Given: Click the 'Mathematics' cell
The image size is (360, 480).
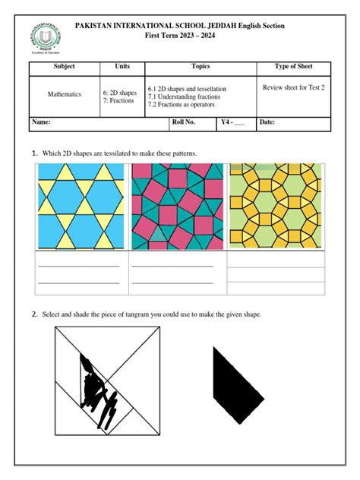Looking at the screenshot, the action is click(65, 95).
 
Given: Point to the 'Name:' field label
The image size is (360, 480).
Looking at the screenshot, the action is click(42, 122).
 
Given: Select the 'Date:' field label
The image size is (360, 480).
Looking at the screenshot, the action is click(267, 122).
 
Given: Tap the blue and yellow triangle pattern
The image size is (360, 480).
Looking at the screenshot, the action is click(81, 206).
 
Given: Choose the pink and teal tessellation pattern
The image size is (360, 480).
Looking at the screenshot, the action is click(178, 206).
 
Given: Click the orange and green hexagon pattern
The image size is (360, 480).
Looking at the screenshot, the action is click(276, 206).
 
